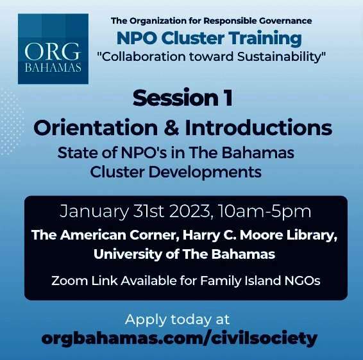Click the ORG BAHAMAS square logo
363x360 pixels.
[53, 49]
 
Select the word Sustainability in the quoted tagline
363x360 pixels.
[282, 57]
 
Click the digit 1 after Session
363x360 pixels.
[229, 98]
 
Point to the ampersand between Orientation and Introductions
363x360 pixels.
[171, 127]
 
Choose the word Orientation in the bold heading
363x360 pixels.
[96, 127]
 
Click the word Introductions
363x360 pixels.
[258, 127]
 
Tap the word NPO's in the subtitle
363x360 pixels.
[144, 153]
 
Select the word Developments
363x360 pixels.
[205, 172]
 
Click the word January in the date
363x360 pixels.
[94, 211]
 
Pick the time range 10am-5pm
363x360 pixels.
[264, 211]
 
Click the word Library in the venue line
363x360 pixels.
[312, 235]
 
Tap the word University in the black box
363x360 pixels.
[128, 254]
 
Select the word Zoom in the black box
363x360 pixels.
[70, 281]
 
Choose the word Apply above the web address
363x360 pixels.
[145, 320]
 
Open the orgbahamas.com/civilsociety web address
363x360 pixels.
[179, 339]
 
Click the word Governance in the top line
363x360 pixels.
[285, 20]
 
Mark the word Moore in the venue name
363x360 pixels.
[262, 235]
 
